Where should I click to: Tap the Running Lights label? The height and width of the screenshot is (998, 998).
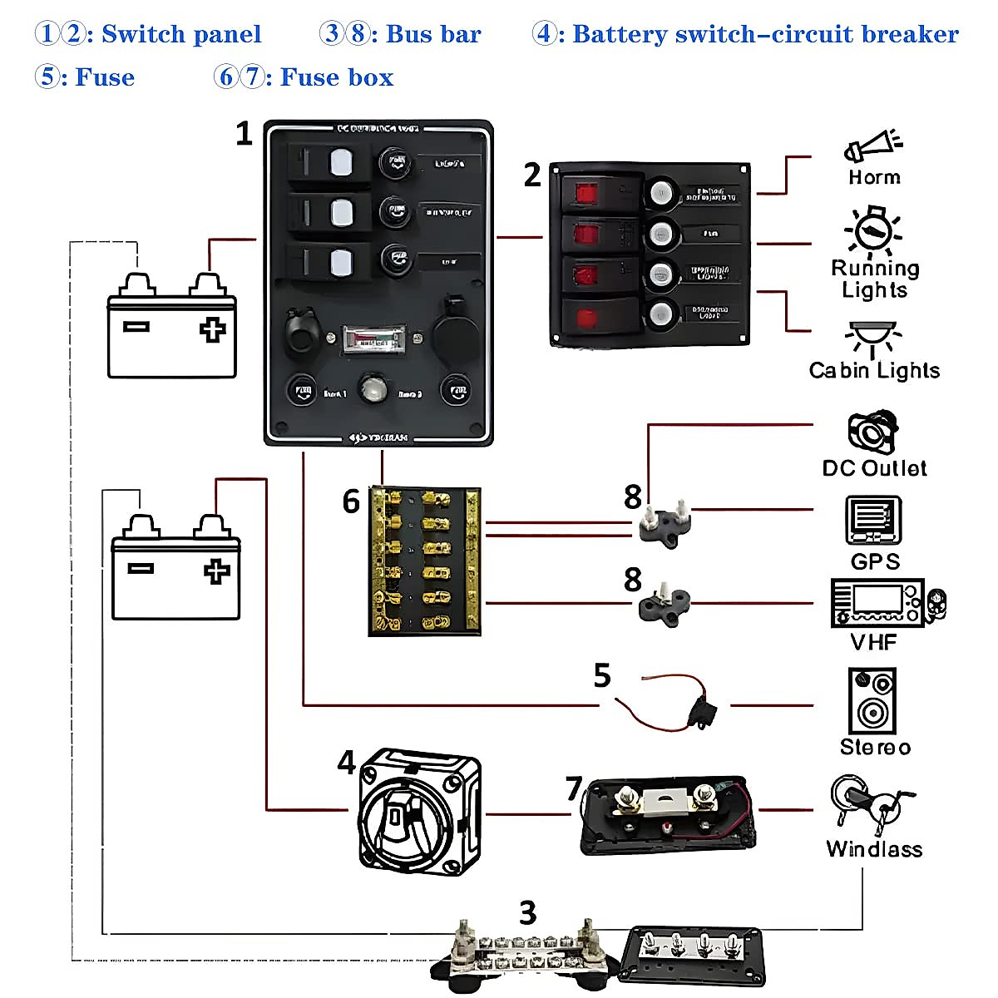[x=875, y=279]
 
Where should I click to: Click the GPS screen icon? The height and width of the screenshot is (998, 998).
[x=873, y=521]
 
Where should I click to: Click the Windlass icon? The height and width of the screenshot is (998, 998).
[x=869, y=803]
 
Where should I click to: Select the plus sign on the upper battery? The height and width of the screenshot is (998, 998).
[x=212, y=329]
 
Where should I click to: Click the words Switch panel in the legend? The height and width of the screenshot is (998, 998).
[x=181, y=34]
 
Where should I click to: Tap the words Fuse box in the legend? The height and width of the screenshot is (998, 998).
[x=336, y=77]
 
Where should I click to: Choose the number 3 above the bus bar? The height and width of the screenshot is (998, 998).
[x=527, y=912]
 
